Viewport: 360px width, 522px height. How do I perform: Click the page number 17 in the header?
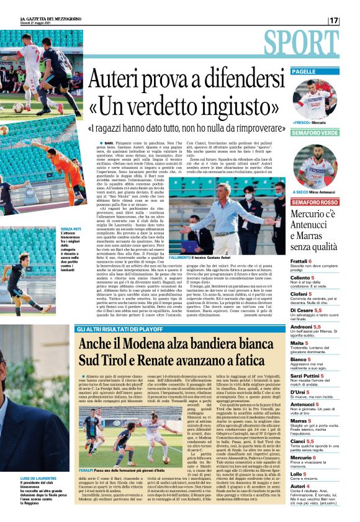pyautogui.click(x=334, y=20)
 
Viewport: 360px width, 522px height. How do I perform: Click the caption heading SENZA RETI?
pyautogui.click(x=70, y=228)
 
